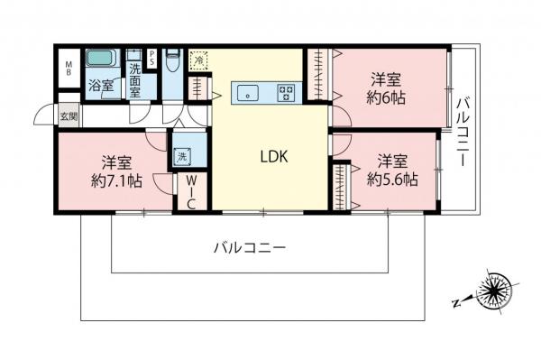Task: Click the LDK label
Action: coord(273,156)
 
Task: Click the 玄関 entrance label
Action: coord(69,116)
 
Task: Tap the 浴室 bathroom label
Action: coord(101,87)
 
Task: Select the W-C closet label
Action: coord(191,191)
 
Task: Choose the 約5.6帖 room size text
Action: coord(390,180)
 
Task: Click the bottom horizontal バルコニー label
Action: coord(250,246)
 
